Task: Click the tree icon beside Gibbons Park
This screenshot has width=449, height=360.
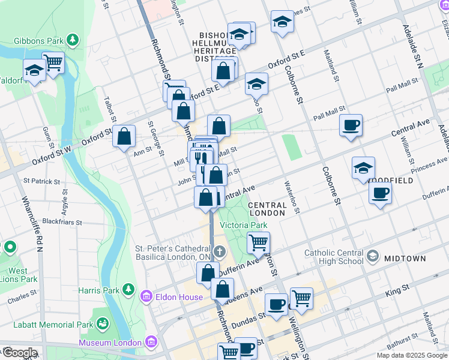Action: point(73,40)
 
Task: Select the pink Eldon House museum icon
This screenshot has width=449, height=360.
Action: point(146,296)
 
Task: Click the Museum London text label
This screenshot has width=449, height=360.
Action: point(113,343)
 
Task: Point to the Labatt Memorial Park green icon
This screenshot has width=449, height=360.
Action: point(103,325)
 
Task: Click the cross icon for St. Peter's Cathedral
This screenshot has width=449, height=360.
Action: point(220,251)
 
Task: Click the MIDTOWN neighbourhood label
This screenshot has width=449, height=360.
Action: point(405,259)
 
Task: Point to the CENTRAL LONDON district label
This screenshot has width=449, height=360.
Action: point(267,209)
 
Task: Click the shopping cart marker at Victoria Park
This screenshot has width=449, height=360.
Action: point(259,242)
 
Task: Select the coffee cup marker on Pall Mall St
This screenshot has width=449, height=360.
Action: point(351,125)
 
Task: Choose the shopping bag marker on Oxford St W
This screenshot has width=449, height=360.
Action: point(124,136)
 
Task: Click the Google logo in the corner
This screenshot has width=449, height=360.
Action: point(19,353)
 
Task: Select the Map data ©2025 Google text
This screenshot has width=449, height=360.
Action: point(411,355)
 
